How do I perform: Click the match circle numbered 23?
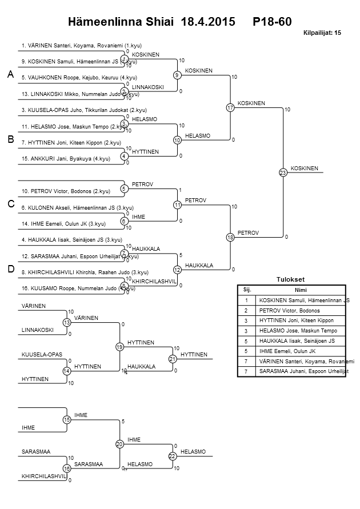click(x=283, y=172)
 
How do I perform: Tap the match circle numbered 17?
click(x=230, y=107)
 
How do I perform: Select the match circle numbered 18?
click(x=230, y=237)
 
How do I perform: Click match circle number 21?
click(x=172, y=359)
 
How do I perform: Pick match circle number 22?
click(x=172, y=455)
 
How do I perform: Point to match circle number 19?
click(x=119, y=347)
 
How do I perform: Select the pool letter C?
click(x=10, y=204)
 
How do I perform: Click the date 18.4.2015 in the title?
click(x=207, y=22)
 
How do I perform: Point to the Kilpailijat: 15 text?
click(x=322, y=34)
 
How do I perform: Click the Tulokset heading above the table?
click(x=290, y=280)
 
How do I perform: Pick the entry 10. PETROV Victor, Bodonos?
click(x=66, y=191)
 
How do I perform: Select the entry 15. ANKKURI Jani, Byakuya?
click(x=66, y=159)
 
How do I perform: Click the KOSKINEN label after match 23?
click(x=305, y=168)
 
